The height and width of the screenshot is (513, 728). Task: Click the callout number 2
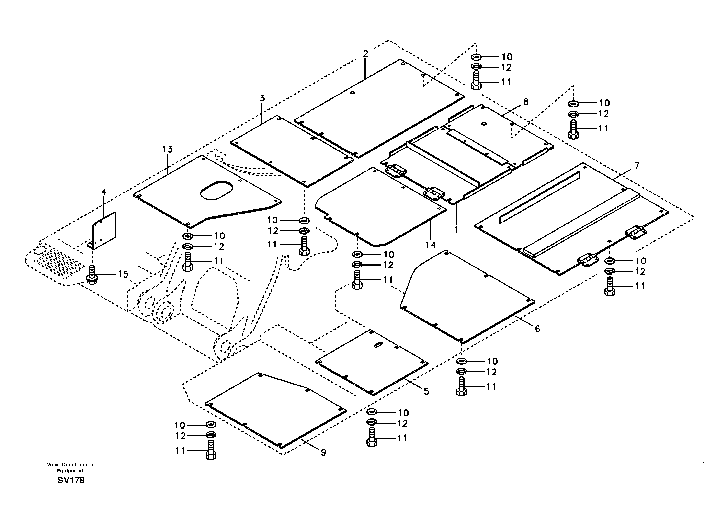point(365,54)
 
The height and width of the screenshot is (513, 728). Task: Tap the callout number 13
point(168,149)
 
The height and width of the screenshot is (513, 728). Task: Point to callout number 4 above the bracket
point(103,192)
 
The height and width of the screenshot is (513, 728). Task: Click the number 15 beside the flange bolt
point(123,274)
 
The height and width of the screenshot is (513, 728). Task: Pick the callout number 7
point(637,165)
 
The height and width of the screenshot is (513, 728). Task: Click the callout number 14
point(431,245)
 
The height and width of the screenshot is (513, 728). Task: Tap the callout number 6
point(537,329)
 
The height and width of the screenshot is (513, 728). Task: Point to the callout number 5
point(426,391)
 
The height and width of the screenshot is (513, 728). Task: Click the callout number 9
point(323,452)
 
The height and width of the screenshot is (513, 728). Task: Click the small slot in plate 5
point(378,345)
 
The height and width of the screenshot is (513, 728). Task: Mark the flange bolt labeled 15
point(92,276)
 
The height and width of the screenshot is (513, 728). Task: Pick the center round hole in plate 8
point(484,124)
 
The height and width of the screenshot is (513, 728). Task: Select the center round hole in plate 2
point(353,93)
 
